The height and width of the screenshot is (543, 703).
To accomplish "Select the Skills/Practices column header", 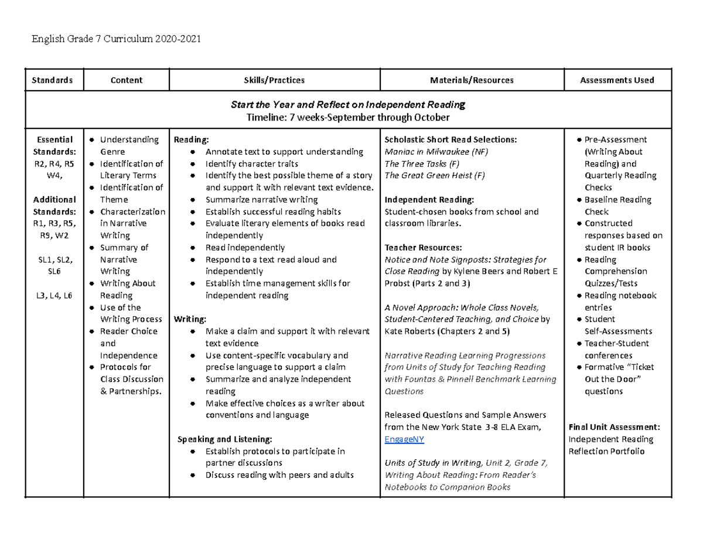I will click(x=274, y=80).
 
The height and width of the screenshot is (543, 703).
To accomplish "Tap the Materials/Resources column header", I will click(x=472, y=80).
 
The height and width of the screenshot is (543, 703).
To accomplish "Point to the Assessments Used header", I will click(x=617, y=80).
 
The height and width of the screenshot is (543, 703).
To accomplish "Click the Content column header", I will click(x=127, y=80).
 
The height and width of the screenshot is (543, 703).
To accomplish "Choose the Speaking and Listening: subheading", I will click(x=225, y=439).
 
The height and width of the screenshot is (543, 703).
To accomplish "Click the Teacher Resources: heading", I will click(x=423, y=247).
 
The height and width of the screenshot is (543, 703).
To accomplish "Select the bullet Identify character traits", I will click(x=251, y=164).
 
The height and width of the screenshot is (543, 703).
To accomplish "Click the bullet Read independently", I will click(x=245, y=247).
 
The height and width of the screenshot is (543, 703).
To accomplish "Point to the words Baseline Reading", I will click(x=617, y=200).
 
